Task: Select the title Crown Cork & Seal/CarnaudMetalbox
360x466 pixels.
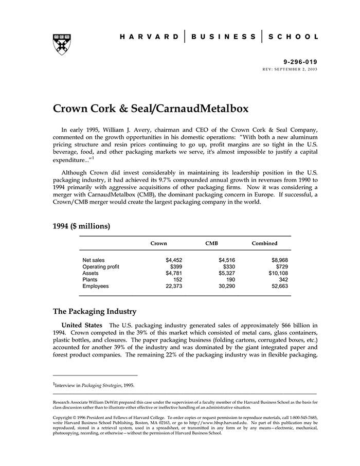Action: coord(151,109)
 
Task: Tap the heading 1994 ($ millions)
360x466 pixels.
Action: coord(81,225)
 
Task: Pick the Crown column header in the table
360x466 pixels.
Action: coord(158,243)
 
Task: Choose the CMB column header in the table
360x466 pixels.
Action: coord(212,243)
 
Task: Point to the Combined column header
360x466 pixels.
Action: coord(264,243)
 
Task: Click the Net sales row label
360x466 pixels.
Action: coord(94,260)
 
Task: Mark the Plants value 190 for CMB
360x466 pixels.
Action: coord(230,280)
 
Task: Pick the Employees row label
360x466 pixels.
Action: coord(96,286)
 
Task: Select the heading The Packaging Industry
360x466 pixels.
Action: coord(95,311)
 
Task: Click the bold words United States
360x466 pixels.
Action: coord(82,325)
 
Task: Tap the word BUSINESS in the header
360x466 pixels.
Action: coord(223,37)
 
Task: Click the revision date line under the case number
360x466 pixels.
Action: coord(290,68)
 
